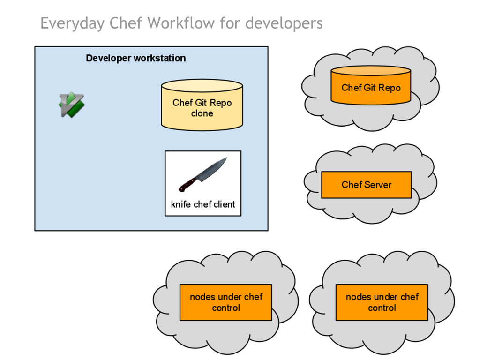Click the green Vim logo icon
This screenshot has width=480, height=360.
click(71, 105)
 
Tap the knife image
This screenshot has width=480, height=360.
click(203, 174)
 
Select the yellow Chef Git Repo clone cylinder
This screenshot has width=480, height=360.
click(202, 105)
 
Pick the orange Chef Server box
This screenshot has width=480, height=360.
click(366, 185)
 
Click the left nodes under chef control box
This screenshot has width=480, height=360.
click(226, 302)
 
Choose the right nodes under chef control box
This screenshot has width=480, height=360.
click(382, 302)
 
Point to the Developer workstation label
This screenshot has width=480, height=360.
click(136, 58)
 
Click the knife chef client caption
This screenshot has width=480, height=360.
click(203, 204)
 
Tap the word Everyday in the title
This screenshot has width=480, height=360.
click(72, 23)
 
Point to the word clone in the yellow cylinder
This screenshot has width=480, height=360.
click(202, 113)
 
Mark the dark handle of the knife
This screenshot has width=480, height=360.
click(187, 185)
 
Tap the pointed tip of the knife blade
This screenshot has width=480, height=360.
click(226, 158)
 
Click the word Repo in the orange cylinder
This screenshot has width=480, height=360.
click(389, 88)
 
